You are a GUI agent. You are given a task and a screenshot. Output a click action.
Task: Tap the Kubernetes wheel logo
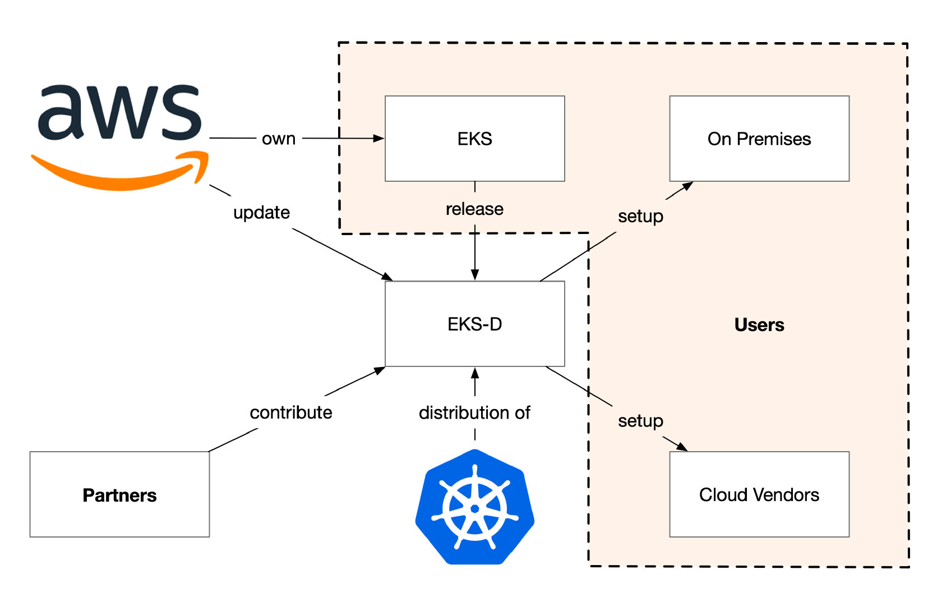coord(475,507)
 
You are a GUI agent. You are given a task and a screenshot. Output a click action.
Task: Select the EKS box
coord(475,139)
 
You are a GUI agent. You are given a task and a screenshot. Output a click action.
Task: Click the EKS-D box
coord(475,324)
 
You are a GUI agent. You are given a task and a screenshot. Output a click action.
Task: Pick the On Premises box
coord(759,139)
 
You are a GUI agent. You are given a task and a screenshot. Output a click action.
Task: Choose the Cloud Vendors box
coord(759,494)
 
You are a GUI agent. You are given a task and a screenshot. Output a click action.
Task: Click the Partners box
coord(119,494)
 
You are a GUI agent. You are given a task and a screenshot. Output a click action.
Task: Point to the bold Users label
coord(759,325)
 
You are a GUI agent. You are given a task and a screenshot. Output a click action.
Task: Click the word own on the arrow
coord(279,139)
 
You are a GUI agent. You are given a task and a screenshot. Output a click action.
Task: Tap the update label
coord(261,213)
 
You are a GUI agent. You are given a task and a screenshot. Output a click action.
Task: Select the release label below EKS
coord(475,209)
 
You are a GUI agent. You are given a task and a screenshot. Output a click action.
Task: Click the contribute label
coord(291,412)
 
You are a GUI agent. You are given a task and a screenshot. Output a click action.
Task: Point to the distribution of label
coord(475,412)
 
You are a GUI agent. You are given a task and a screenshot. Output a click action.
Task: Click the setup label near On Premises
coord(641,217)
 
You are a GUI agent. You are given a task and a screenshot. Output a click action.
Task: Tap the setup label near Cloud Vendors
coord(641,421)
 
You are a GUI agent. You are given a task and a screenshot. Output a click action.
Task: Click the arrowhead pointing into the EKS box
coord(379,138)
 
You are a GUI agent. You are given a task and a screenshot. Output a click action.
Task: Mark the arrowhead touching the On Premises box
coord(688,186)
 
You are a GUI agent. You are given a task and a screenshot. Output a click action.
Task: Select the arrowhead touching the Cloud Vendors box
coord(682,447)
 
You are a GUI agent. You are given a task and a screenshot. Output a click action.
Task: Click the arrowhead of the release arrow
coord(475,274)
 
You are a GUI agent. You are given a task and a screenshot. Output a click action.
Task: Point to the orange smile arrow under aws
coord(119,171)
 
